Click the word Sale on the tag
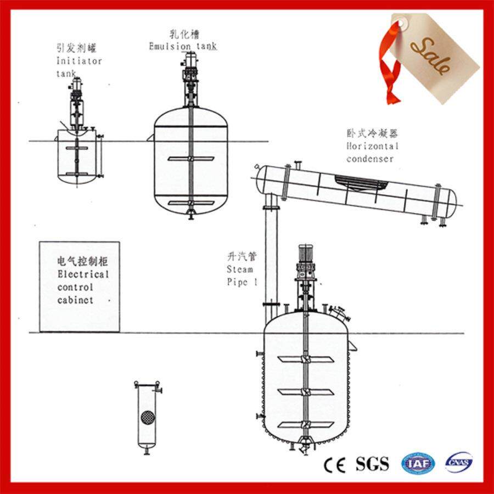tap(430, 56)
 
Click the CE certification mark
tap(335, 464)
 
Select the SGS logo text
tap(372, 464)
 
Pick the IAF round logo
tap(418, 463)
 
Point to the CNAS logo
tap(459, 463)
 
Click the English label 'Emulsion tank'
tap(183, 46)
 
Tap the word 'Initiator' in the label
tap(79, 60)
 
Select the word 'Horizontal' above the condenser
tap(372, 146)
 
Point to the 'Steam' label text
tap(240, 270)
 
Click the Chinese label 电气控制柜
tap(82, 261)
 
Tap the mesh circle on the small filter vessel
tap(148, 418)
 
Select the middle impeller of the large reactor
tap(306, 392)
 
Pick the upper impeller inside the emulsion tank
tap(191, 159)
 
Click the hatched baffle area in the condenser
tap(361, 183)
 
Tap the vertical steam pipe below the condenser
tap(271, 259)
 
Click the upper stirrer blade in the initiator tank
tap(77, 148)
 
